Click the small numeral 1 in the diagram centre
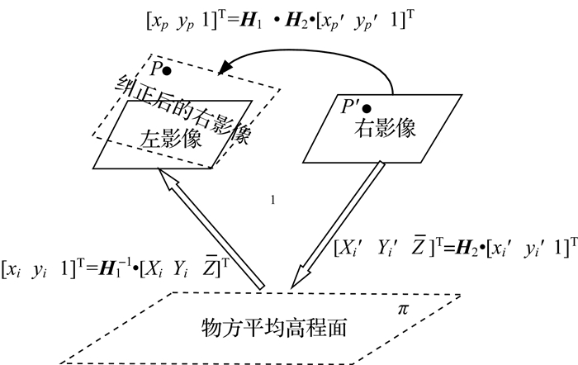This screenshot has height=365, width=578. (272, 200)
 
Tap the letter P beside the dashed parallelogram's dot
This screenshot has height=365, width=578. (155, 69)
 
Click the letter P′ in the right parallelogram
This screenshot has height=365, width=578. (350, 106)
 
